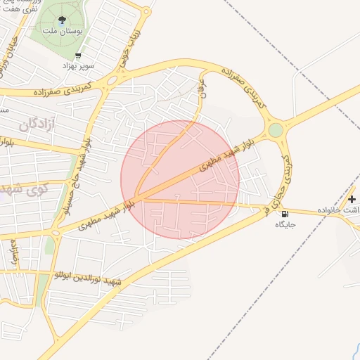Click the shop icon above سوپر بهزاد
(x=77, y=56)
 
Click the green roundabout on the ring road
(x=275, y=130)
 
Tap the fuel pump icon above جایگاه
(x=284, y=214)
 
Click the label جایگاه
(x=285, y=224)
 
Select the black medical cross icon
(x=352, y=200)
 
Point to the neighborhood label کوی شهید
(x=25, y=189)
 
